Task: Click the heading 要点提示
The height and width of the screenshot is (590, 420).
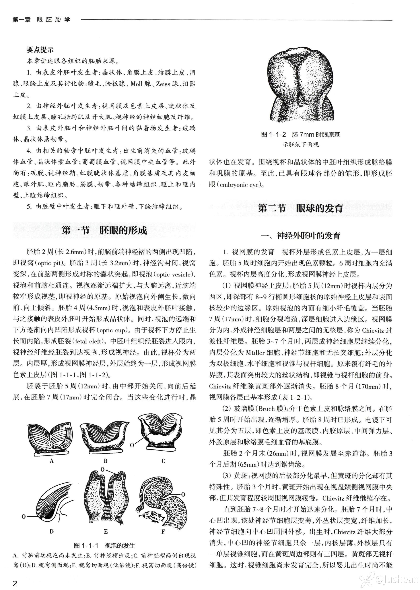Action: [40, 50]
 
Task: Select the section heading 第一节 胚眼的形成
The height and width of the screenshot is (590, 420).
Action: [104, 230]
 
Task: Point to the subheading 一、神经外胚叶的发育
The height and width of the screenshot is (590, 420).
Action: [301, 236]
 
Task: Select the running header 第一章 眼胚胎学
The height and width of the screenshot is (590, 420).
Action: [41, 20]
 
